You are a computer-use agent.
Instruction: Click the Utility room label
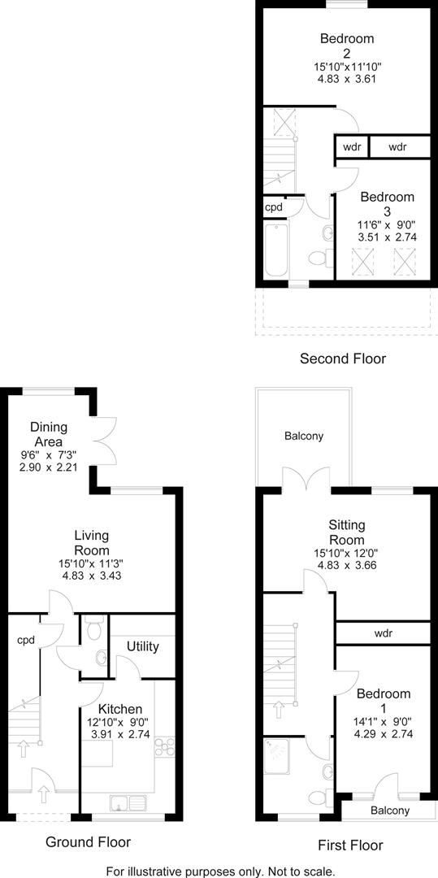142,646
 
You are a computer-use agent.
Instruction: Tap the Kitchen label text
120,709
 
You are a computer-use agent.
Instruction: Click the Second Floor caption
343,358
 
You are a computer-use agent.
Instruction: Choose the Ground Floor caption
88,841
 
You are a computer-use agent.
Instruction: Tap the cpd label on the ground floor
25,640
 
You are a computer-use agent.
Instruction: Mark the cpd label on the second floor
274,206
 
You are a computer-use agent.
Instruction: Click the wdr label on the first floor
384,632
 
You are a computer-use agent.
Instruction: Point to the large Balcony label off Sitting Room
304,436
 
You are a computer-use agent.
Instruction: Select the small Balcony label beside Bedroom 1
390,811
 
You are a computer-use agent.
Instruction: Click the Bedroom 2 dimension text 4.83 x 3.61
347,79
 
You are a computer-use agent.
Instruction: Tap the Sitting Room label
347,532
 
